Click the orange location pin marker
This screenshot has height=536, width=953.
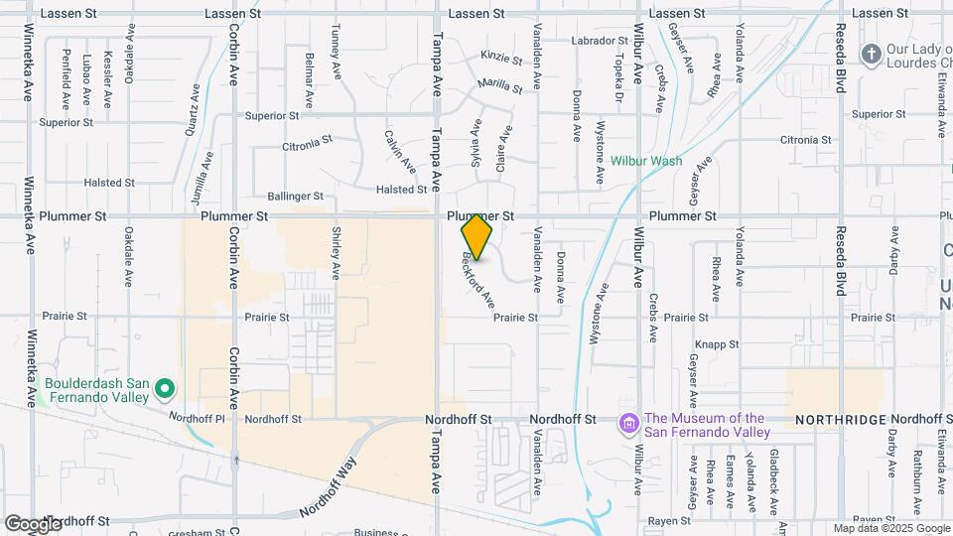tap(477, 236)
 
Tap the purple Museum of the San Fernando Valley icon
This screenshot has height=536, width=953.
tap(627, 425)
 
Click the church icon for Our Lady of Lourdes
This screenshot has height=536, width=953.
tap(871, 54)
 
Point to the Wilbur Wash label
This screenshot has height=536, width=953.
tap(646, 160)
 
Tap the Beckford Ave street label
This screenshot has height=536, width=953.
tap(478, 280)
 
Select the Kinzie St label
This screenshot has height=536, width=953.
tap(500, 58)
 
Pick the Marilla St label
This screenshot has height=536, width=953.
tap(499, 86)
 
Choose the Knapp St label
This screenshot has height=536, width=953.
tap(715, 343)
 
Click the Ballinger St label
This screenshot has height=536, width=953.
tap(296, 197)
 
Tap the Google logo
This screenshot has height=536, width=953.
tap(33, 524)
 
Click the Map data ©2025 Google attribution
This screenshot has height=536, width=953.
tap(890, 528)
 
